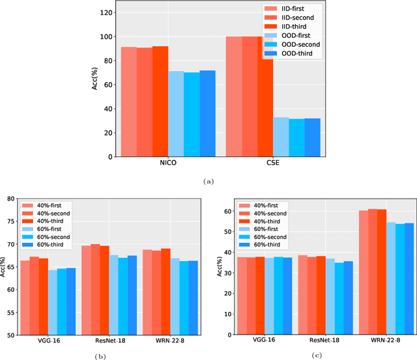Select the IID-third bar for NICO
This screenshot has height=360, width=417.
(160, 102)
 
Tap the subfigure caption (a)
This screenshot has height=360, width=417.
(208, 182)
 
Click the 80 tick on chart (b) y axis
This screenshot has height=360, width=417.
(9, 199)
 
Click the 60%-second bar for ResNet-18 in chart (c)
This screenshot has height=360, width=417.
(339, 299)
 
